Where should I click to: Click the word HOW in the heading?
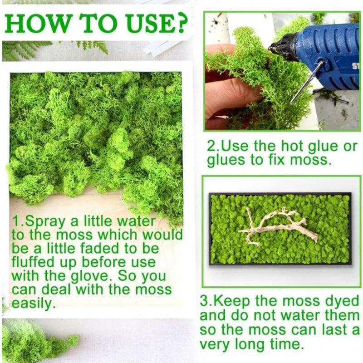(x=37, y=24)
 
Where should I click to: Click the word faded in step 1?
(x=100, y=249)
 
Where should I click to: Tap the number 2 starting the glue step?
(x=211, y=146)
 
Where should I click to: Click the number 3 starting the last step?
(x=204, y=300)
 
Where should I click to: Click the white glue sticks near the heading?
(x=162, y=46)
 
